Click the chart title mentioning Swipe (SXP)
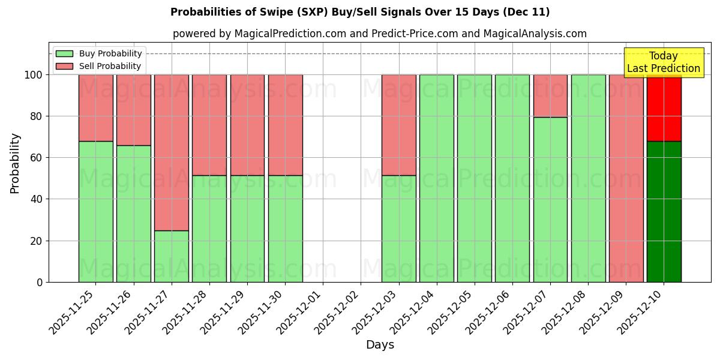(x=360, y=12)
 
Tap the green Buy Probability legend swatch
(x=64, y=53)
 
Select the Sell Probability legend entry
(x=110, y=66)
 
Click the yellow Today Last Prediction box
(x=663, y=62)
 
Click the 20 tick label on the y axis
(x=37, y=241)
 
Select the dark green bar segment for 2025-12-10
(x=664, y=211)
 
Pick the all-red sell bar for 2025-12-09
(x=626, y=178)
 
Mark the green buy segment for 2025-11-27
(x=172, y=256)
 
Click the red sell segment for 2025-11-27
(x=172, y=152)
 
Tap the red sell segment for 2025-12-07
(x=550, y=96)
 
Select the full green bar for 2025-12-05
(x=475, y=178)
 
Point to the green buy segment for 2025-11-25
(x=96, y=211)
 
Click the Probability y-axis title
(x=15, y=163)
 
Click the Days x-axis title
(x=380, y=345)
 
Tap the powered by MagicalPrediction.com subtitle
(x=380, y=34)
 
